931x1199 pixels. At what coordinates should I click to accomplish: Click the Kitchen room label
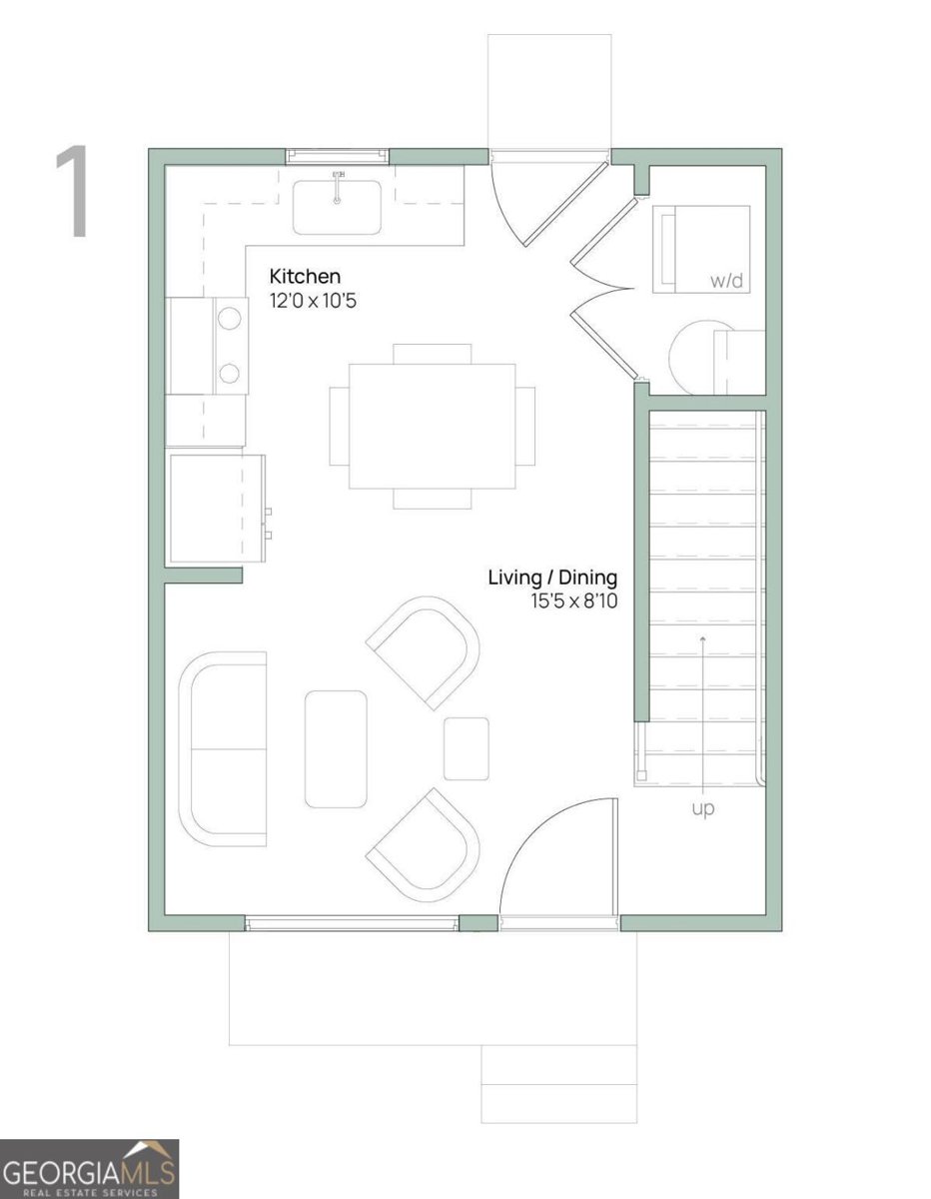pos(305,276)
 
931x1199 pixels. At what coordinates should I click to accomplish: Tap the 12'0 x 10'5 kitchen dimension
pos(313,300)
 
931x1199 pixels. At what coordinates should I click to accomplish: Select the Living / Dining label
pos(552,578)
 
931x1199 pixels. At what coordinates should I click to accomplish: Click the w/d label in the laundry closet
pos(727,281)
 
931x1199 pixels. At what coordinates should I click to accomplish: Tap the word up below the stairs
pos(703,809)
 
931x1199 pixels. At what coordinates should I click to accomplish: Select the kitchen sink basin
pos(337,207)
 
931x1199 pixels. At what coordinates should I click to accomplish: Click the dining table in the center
pos(432,426)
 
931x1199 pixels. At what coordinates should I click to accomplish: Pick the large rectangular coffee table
pos(336,748)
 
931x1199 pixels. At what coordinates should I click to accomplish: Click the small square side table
pos(466,748)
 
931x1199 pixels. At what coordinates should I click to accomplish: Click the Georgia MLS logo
pos(89,1168)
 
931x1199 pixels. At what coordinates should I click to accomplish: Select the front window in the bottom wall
pos(353,923)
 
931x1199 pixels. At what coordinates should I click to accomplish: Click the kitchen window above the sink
pos(337,155)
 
